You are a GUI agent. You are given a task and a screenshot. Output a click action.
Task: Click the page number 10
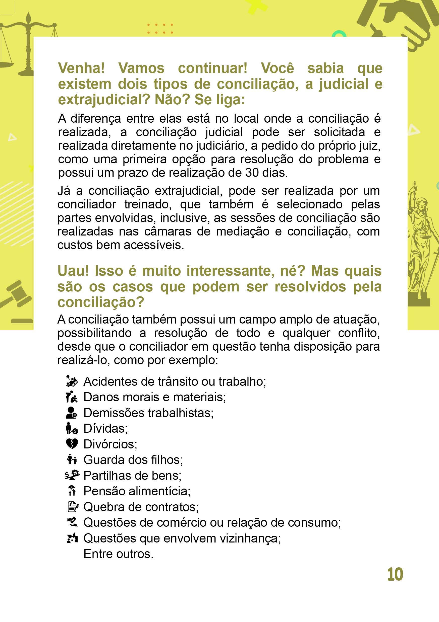pos(395,574)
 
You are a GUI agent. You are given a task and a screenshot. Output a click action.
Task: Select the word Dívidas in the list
pos(105,428)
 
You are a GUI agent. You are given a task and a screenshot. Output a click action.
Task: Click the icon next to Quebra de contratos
pos(73,507)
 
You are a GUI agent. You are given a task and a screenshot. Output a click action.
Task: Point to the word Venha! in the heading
pos(81,68)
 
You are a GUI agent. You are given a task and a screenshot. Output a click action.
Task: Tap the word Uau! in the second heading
pos(73,271)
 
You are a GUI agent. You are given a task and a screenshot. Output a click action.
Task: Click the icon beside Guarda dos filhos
pos(72,460)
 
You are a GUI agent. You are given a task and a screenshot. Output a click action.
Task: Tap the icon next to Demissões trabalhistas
pos(72,413)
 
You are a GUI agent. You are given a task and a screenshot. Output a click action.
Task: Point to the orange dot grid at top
pos(160,28)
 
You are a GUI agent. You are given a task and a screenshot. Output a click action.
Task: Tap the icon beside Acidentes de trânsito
pos(72,381)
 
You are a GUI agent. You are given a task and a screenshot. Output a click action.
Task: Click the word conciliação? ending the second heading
pos(100,302)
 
